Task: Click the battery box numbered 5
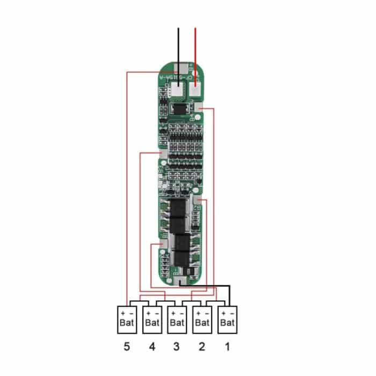click(127, 319)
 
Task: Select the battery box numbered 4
click(153, 319)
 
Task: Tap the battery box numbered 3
click(177, 319)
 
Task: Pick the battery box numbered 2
click(203, 319)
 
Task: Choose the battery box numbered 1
click(227, 319)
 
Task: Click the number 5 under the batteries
click(127, 348)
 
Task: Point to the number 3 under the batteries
click(177, 348)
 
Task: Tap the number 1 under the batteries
click(227, 348)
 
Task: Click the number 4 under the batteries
click(152, 348)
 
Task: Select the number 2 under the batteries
click(202, 348)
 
